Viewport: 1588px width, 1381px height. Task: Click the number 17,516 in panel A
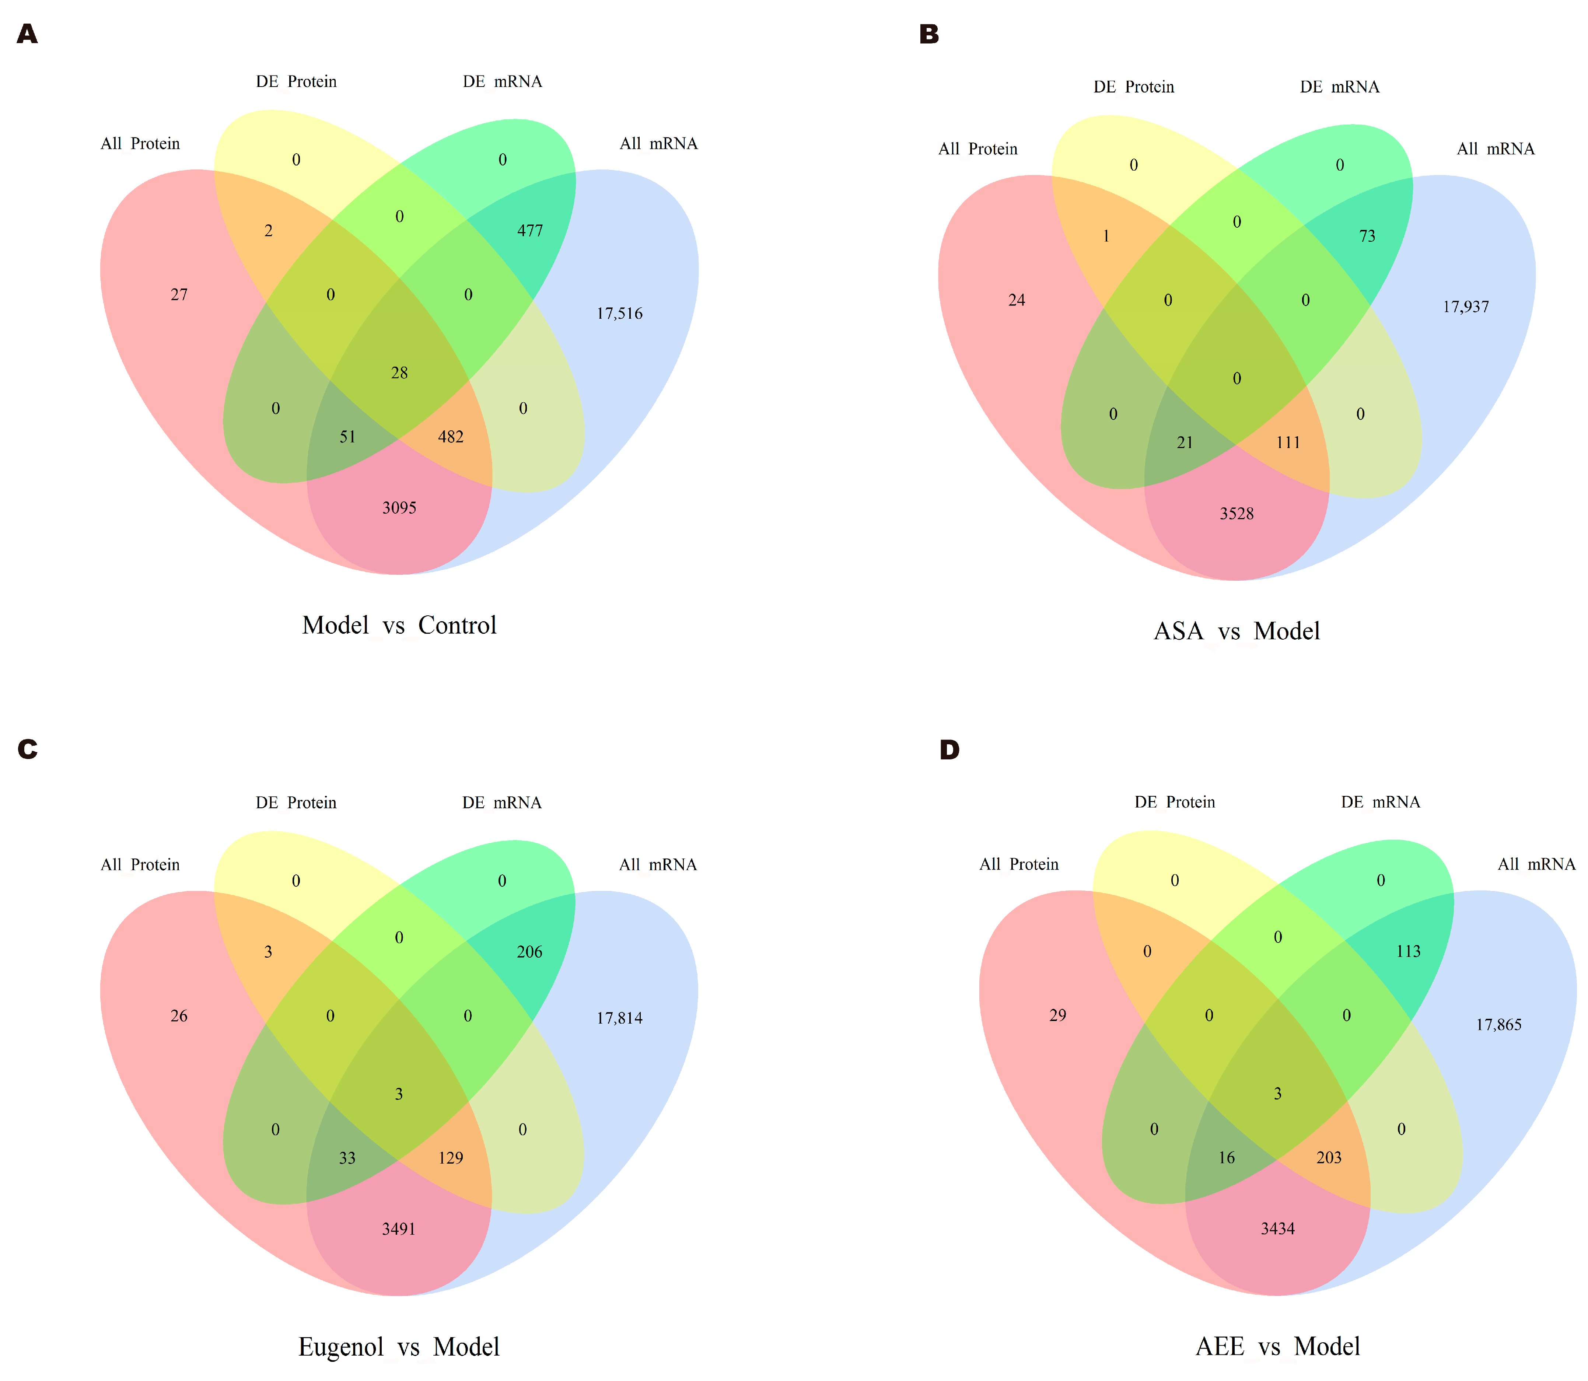(619, 314)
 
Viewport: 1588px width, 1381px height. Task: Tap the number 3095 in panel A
(399, 508)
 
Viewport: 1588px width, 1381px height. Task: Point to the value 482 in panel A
(451, 437)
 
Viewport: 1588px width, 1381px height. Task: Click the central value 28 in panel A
(399, 373)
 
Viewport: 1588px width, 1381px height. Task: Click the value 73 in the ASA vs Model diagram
(1367, 236)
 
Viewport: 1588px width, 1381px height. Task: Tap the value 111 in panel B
(1288, 443)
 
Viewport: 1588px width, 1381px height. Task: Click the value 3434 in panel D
(1277, 1228)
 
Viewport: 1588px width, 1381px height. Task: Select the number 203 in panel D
(1329, 1157)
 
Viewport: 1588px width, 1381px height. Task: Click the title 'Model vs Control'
(399, 625)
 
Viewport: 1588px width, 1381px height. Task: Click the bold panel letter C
(28, 749)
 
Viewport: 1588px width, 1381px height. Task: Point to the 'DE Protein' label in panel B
(1133, 87)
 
